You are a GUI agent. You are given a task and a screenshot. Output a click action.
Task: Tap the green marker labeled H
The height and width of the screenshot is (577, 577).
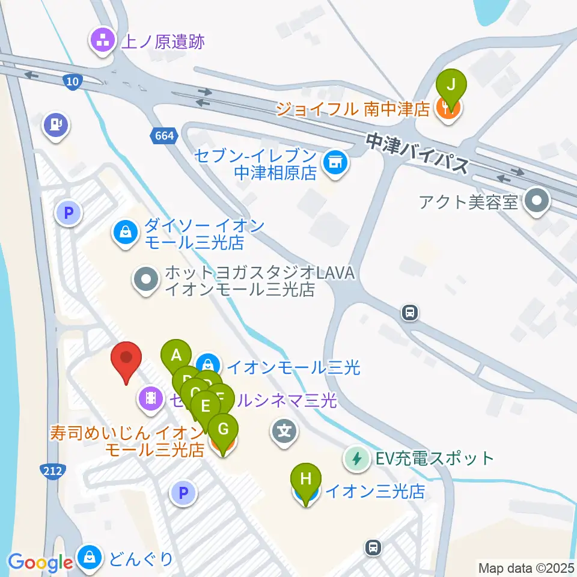(x=306, y=479)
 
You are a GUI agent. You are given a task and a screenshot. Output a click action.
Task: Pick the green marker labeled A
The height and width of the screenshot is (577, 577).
(x=176, y=355)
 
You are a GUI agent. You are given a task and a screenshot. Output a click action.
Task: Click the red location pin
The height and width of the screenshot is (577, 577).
(x=126, y=359)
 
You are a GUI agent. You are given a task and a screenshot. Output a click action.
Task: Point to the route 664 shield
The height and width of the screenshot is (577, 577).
(x=163, y=136)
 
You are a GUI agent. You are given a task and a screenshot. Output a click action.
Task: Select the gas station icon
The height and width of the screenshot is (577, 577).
(x=56, y=125)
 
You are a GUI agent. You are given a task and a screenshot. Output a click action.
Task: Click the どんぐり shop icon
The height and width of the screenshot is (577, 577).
(x=90, y=559)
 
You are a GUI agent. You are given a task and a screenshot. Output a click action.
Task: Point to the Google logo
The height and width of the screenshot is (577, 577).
(x=40, y=563)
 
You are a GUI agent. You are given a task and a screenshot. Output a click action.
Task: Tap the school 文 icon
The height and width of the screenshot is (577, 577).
(x=285, y=430)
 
